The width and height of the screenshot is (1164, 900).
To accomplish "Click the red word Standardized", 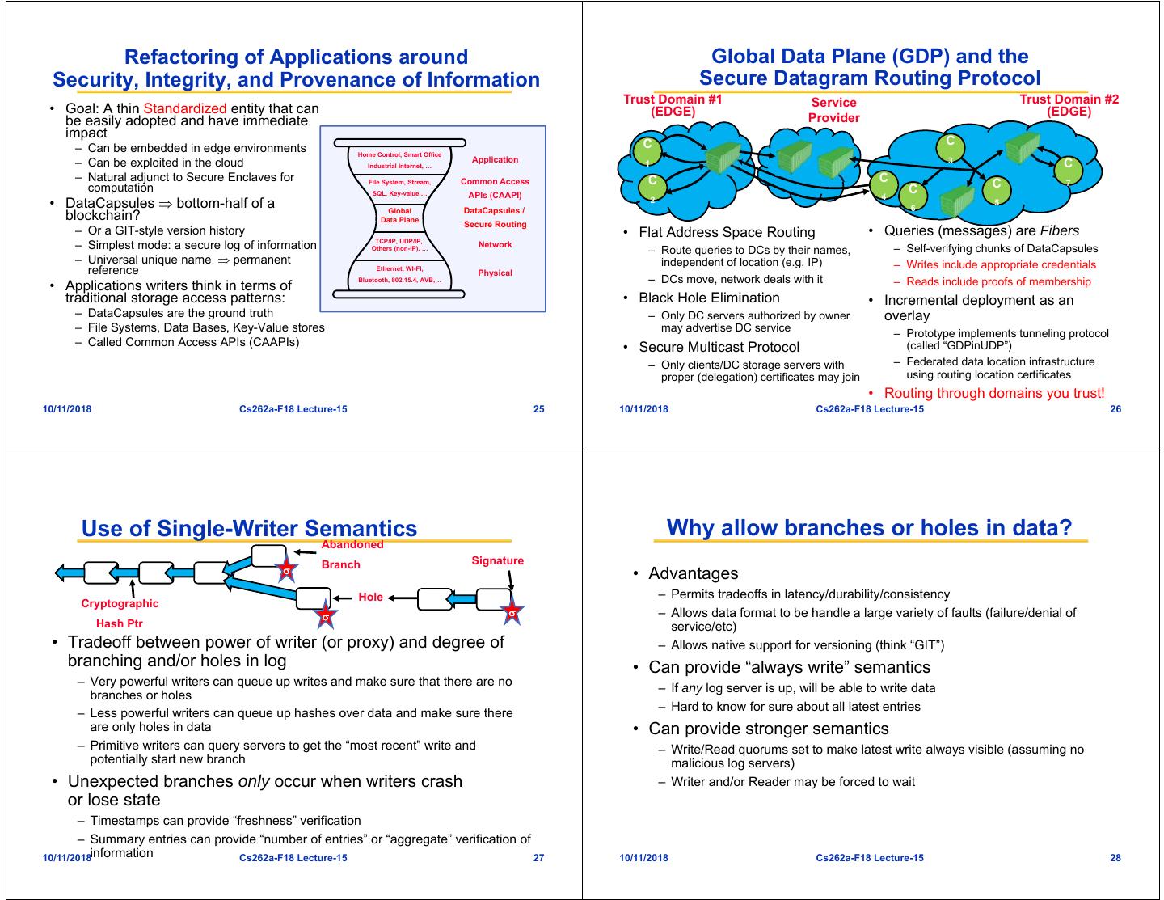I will coord(184,108).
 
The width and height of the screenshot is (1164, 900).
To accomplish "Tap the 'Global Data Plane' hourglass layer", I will coord(399,215).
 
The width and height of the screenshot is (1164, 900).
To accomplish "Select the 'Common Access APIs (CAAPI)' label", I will coord(495,188).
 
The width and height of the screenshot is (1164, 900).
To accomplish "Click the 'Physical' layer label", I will coord(495,273).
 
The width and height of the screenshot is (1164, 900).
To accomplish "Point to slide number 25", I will coord(538,409).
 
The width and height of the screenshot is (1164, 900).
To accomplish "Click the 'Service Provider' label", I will coord(833,110).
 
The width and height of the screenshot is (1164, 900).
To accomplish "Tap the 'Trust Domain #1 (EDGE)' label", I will coord(673,105).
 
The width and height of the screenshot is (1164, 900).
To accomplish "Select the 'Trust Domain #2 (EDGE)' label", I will coord(1069,105).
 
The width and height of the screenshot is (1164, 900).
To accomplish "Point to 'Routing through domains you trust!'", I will coord(993,394).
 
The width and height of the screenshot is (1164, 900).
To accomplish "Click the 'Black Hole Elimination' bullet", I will coord(709,298).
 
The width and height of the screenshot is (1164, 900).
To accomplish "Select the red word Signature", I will coord(497,561).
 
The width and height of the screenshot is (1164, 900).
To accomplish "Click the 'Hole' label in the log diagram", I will coord(370,597).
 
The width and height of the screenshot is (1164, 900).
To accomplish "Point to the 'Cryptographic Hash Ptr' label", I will coord(120,613).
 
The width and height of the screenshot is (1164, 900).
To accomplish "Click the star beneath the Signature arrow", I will coord(511,613).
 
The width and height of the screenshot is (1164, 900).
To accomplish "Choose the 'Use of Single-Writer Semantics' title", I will coord(249,529).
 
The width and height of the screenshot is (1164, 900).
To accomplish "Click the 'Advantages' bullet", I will coord(693,573).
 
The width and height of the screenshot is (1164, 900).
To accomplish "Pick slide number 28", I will coord(1115,858).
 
